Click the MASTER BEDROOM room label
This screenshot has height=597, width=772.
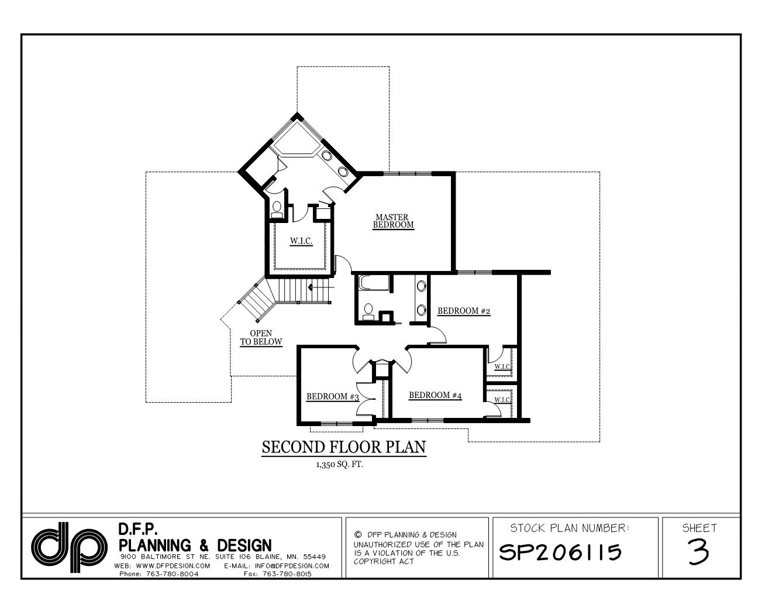393,221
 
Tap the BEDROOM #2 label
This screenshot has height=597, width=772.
463,311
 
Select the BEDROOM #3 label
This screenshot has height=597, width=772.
332,397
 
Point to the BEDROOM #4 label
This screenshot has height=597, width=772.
435,395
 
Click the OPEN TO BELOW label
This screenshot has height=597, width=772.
261,338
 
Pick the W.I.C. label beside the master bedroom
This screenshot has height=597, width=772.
301,241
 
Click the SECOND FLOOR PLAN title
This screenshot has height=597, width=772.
343,448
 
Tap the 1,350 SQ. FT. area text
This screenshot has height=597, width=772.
339,466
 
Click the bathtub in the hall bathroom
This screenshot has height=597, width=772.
372,283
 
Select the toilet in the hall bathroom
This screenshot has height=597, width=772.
368,311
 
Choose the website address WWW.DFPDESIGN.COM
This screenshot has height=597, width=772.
173,566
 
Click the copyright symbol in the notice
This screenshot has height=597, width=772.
357,534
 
